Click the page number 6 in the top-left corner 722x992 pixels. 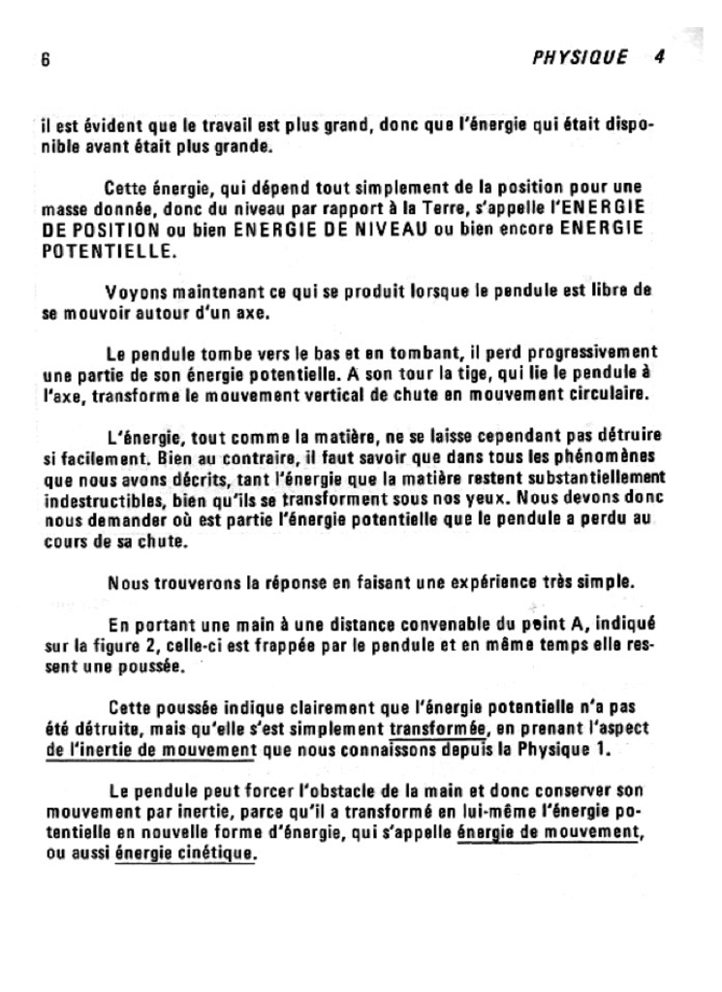(45, 58)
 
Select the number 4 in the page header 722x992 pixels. (659, 56)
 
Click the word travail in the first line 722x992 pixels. (218, 126)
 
